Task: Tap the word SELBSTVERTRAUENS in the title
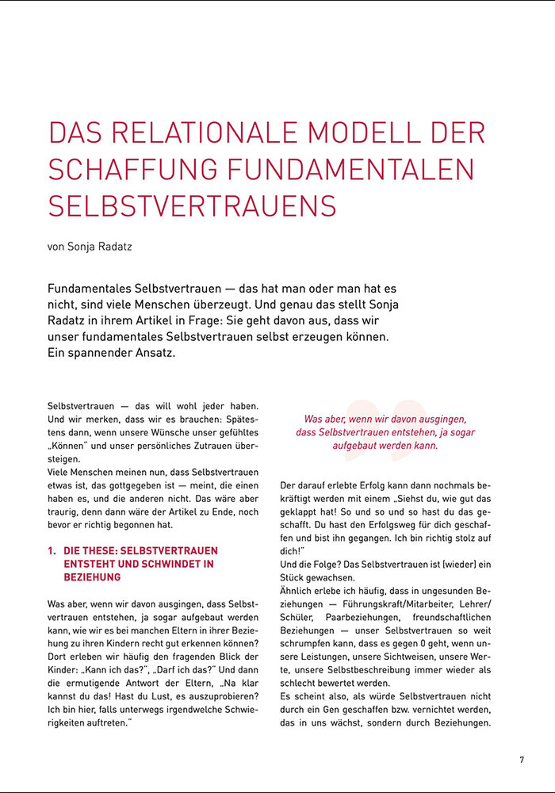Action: point(193,205)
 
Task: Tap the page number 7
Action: point(522,760)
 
